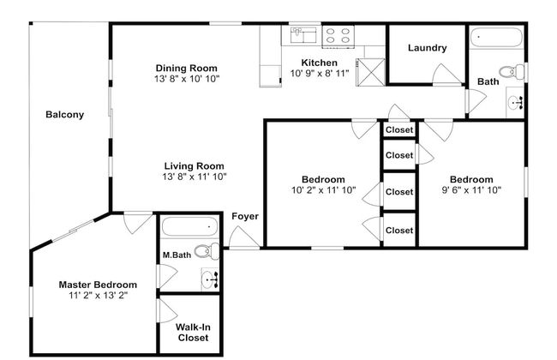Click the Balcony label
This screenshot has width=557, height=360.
click(64, 115)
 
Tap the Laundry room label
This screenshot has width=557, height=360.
click(427, 48)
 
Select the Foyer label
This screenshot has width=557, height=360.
click(245, 216)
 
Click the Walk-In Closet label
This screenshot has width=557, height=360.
click(193, 333)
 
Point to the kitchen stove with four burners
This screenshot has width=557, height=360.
click(338, 36)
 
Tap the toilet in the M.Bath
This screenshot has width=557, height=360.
click(207, 251)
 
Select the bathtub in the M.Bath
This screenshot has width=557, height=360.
click(189, 226)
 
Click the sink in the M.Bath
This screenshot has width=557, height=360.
click(210, 279)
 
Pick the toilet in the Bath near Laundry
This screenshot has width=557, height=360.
click(512, 71)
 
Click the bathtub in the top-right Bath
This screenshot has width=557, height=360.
click(497, 38)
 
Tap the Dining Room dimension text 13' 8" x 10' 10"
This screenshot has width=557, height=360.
click(187, 79)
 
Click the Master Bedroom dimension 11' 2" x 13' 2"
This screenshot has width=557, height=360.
click(98, 296)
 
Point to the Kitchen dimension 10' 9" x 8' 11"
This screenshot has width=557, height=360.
click(320, 74)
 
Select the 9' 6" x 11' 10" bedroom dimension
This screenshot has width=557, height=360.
click(471, 189)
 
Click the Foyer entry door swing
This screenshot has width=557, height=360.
click(243, 237)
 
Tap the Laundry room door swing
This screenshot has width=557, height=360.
click(446, 75)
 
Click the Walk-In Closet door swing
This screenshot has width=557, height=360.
click(167, 310)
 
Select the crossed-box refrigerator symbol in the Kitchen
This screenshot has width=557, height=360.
click(370, 73)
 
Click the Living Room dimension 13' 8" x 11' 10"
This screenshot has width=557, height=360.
click(195, 177)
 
